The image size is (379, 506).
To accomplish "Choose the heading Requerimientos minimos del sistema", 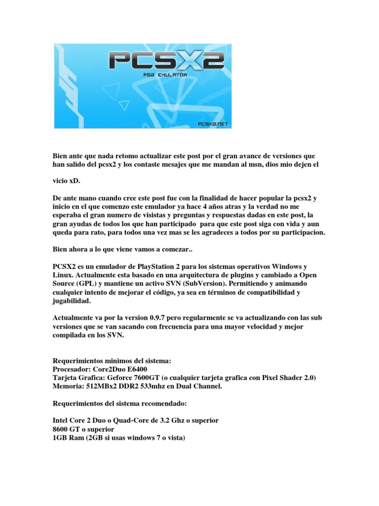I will tap(112, 361).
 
